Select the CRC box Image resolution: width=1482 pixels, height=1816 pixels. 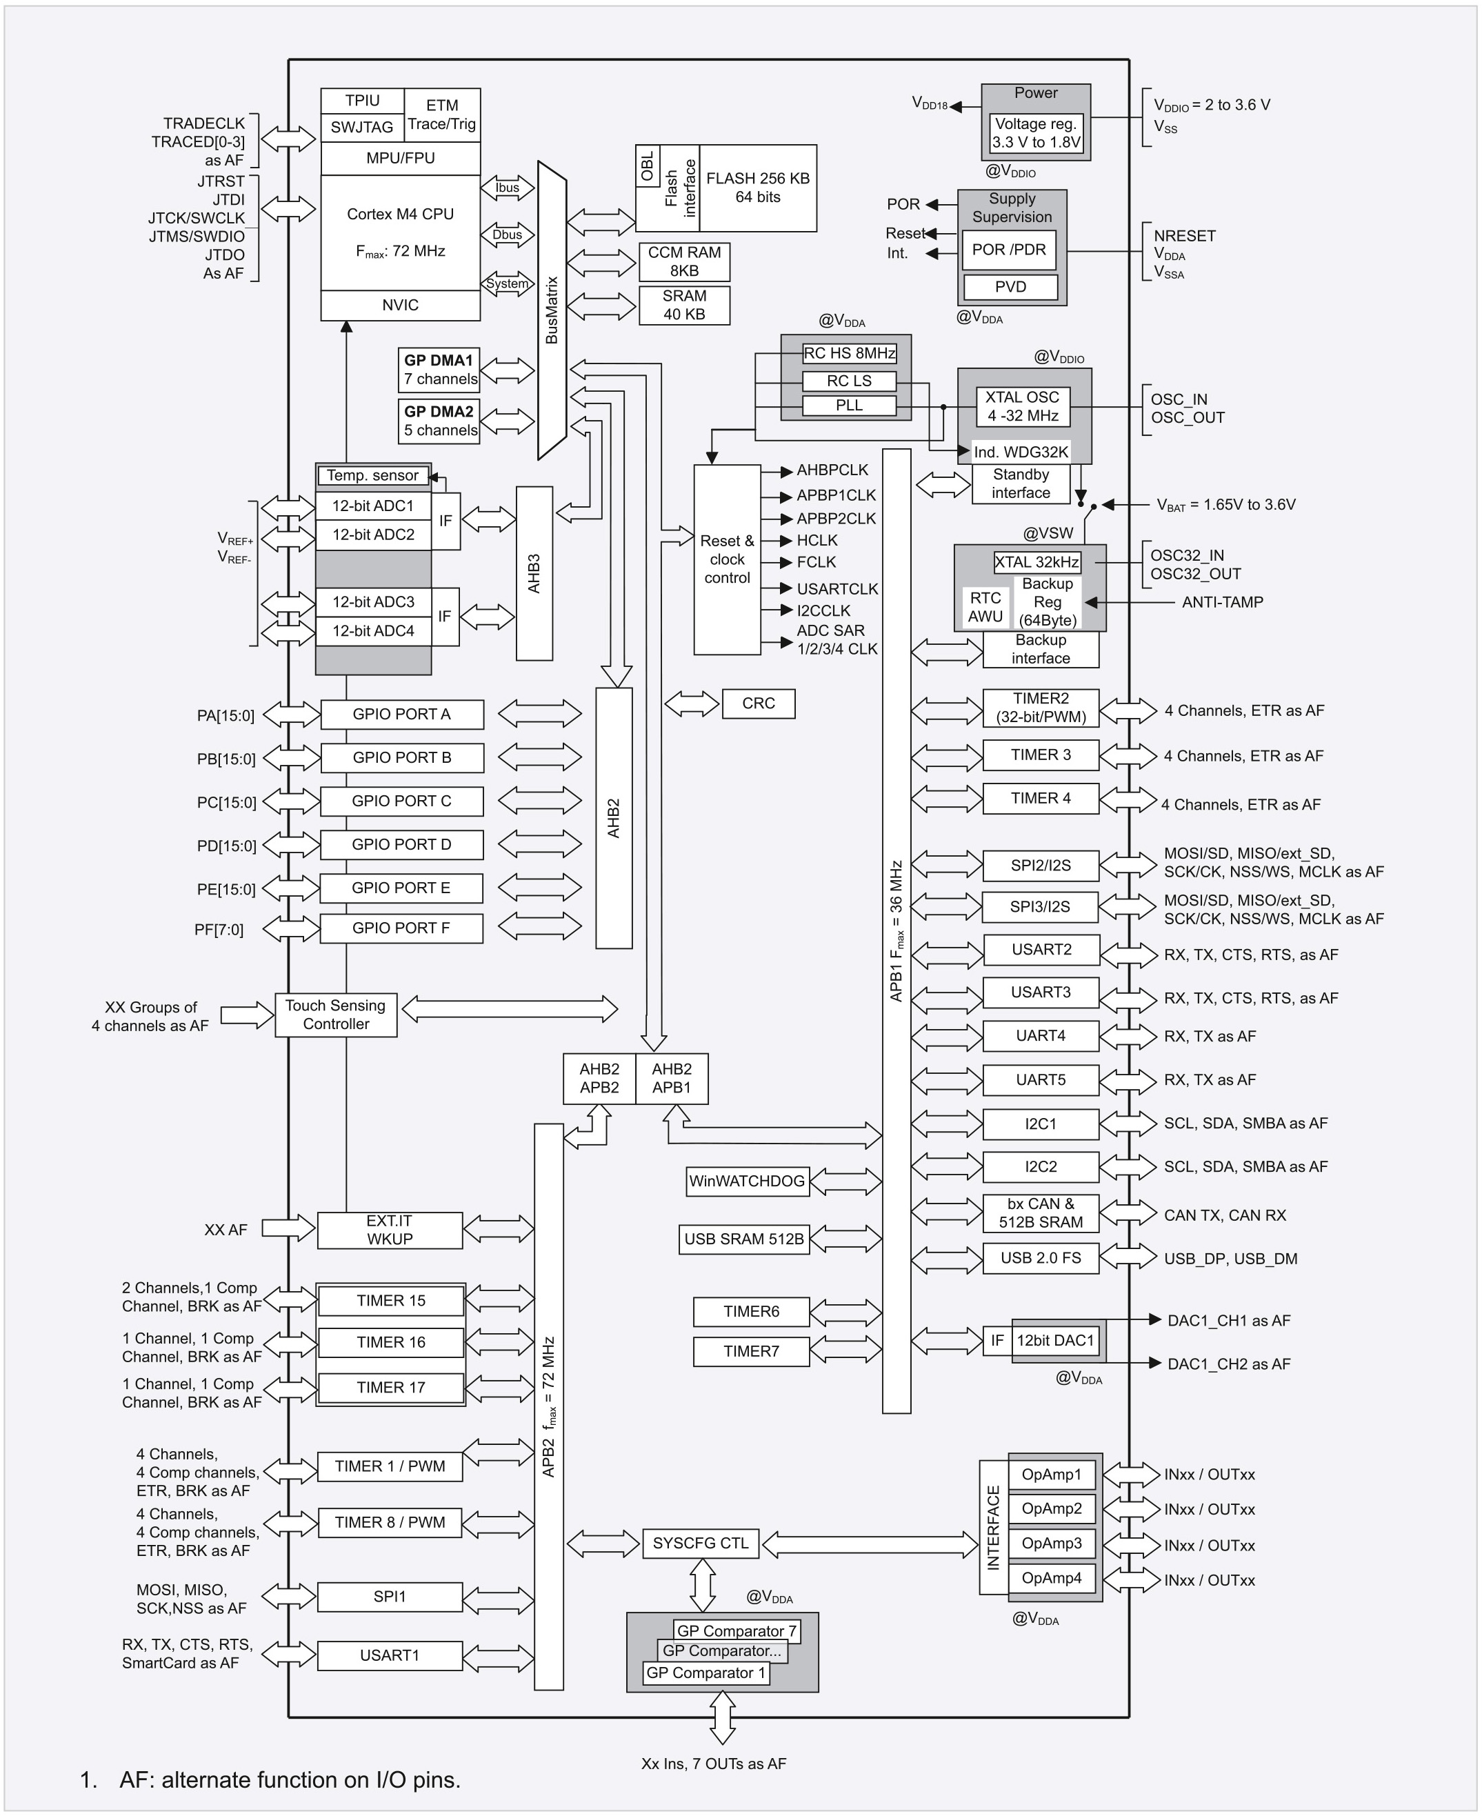click(x=758, y=704)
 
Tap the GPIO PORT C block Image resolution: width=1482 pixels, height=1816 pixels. click(x=401, y=801)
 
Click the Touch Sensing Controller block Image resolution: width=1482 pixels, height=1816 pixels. click(x=335, y=1015)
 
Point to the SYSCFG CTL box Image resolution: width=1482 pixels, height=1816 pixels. click(x=700, y=1543)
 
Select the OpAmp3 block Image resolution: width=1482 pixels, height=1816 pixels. click(x=1051, y=1543)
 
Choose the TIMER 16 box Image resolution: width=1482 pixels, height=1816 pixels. click(x=390, y=1342)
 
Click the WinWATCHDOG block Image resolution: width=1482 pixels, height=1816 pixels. click(x=747, y=1181)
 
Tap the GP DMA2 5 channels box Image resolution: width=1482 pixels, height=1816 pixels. click(x=440, y=421)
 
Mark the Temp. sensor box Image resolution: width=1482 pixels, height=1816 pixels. click(x=372, y=476)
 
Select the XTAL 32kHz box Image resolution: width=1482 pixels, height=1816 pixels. click(x=1037, y=562)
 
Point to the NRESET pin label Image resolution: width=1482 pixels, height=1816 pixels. click(x=1184, y=236)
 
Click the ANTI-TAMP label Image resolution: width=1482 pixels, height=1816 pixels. click(x=1221, y=602)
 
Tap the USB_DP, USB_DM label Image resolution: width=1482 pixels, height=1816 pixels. click(x=1230, y=1259)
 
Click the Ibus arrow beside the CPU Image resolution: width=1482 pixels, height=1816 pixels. click(x=507, y=188)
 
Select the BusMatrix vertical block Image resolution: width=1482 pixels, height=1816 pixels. click(x=552, y=310)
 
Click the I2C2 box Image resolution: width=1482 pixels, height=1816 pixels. click(x=1040, y=1166)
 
